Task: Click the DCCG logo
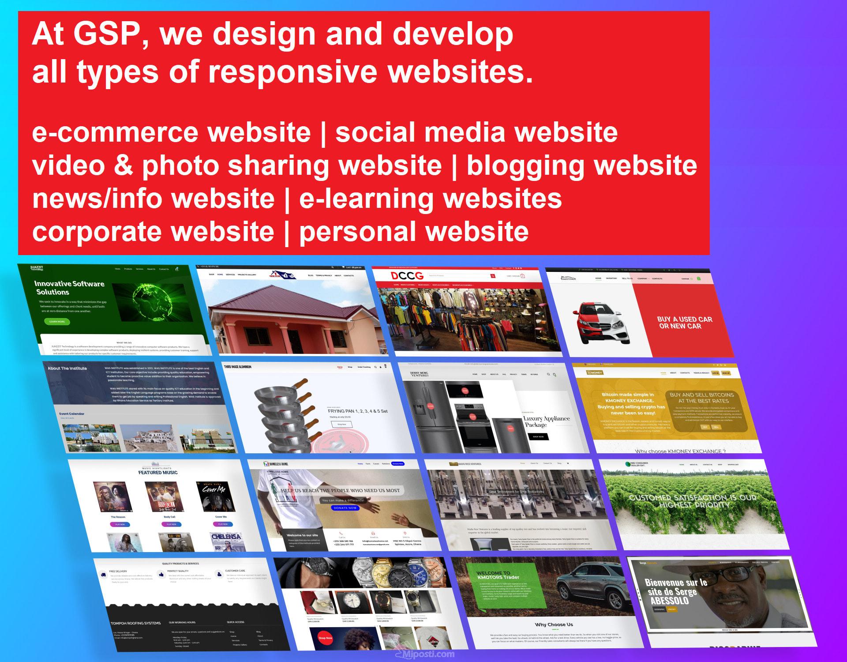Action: point(407,276)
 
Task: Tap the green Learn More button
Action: point(57,321)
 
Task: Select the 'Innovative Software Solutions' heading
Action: point(69,288)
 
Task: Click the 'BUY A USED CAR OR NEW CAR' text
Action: point(684,323)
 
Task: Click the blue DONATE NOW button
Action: point(345,508)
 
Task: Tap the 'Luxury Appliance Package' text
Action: point(546,421)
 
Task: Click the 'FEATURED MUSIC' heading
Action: point(158,472)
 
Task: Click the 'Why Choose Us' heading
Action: point(554,624)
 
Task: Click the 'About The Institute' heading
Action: point(67,368)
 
